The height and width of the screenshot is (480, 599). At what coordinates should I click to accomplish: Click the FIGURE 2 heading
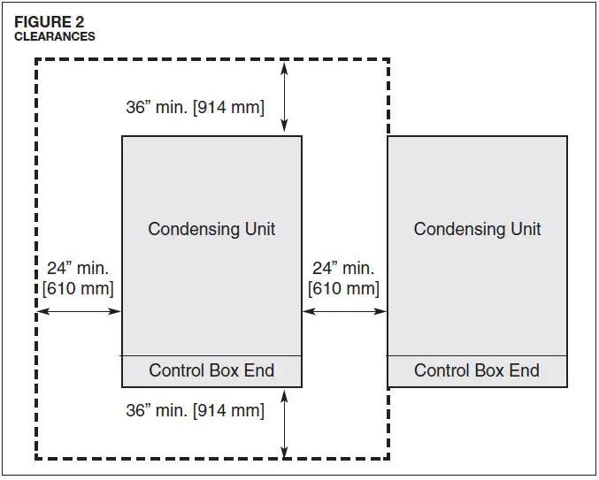49,22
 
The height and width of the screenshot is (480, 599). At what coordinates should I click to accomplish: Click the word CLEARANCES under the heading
54,36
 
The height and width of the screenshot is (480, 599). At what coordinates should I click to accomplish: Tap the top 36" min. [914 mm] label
195,108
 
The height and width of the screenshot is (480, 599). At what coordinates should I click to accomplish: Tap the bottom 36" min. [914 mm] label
195,410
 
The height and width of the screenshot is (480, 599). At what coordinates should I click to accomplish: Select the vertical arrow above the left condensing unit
284,98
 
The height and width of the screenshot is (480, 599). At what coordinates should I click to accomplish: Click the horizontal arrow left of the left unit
79,311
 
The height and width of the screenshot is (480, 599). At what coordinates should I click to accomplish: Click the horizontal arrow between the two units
344,311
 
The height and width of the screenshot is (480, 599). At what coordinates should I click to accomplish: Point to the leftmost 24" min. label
78,268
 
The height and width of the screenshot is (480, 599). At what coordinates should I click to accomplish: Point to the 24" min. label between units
343,268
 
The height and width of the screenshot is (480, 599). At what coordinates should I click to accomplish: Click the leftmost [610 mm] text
78,288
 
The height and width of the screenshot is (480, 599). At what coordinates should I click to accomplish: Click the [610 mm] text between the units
343,288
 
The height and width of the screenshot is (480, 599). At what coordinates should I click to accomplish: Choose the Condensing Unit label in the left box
211,229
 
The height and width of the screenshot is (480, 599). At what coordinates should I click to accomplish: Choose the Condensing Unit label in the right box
477,229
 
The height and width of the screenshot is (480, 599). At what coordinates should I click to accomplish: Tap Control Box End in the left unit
211,370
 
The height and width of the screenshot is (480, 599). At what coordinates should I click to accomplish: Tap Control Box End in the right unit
477,370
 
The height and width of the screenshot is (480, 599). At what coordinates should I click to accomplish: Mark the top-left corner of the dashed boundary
36,60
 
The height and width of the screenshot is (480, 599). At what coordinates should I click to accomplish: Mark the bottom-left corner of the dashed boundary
36,458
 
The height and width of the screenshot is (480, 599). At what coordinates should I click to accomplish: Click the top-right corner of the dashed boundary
388,60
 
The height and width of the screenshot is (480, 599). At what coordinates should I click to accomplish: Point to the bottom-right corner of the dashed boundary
388,458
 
